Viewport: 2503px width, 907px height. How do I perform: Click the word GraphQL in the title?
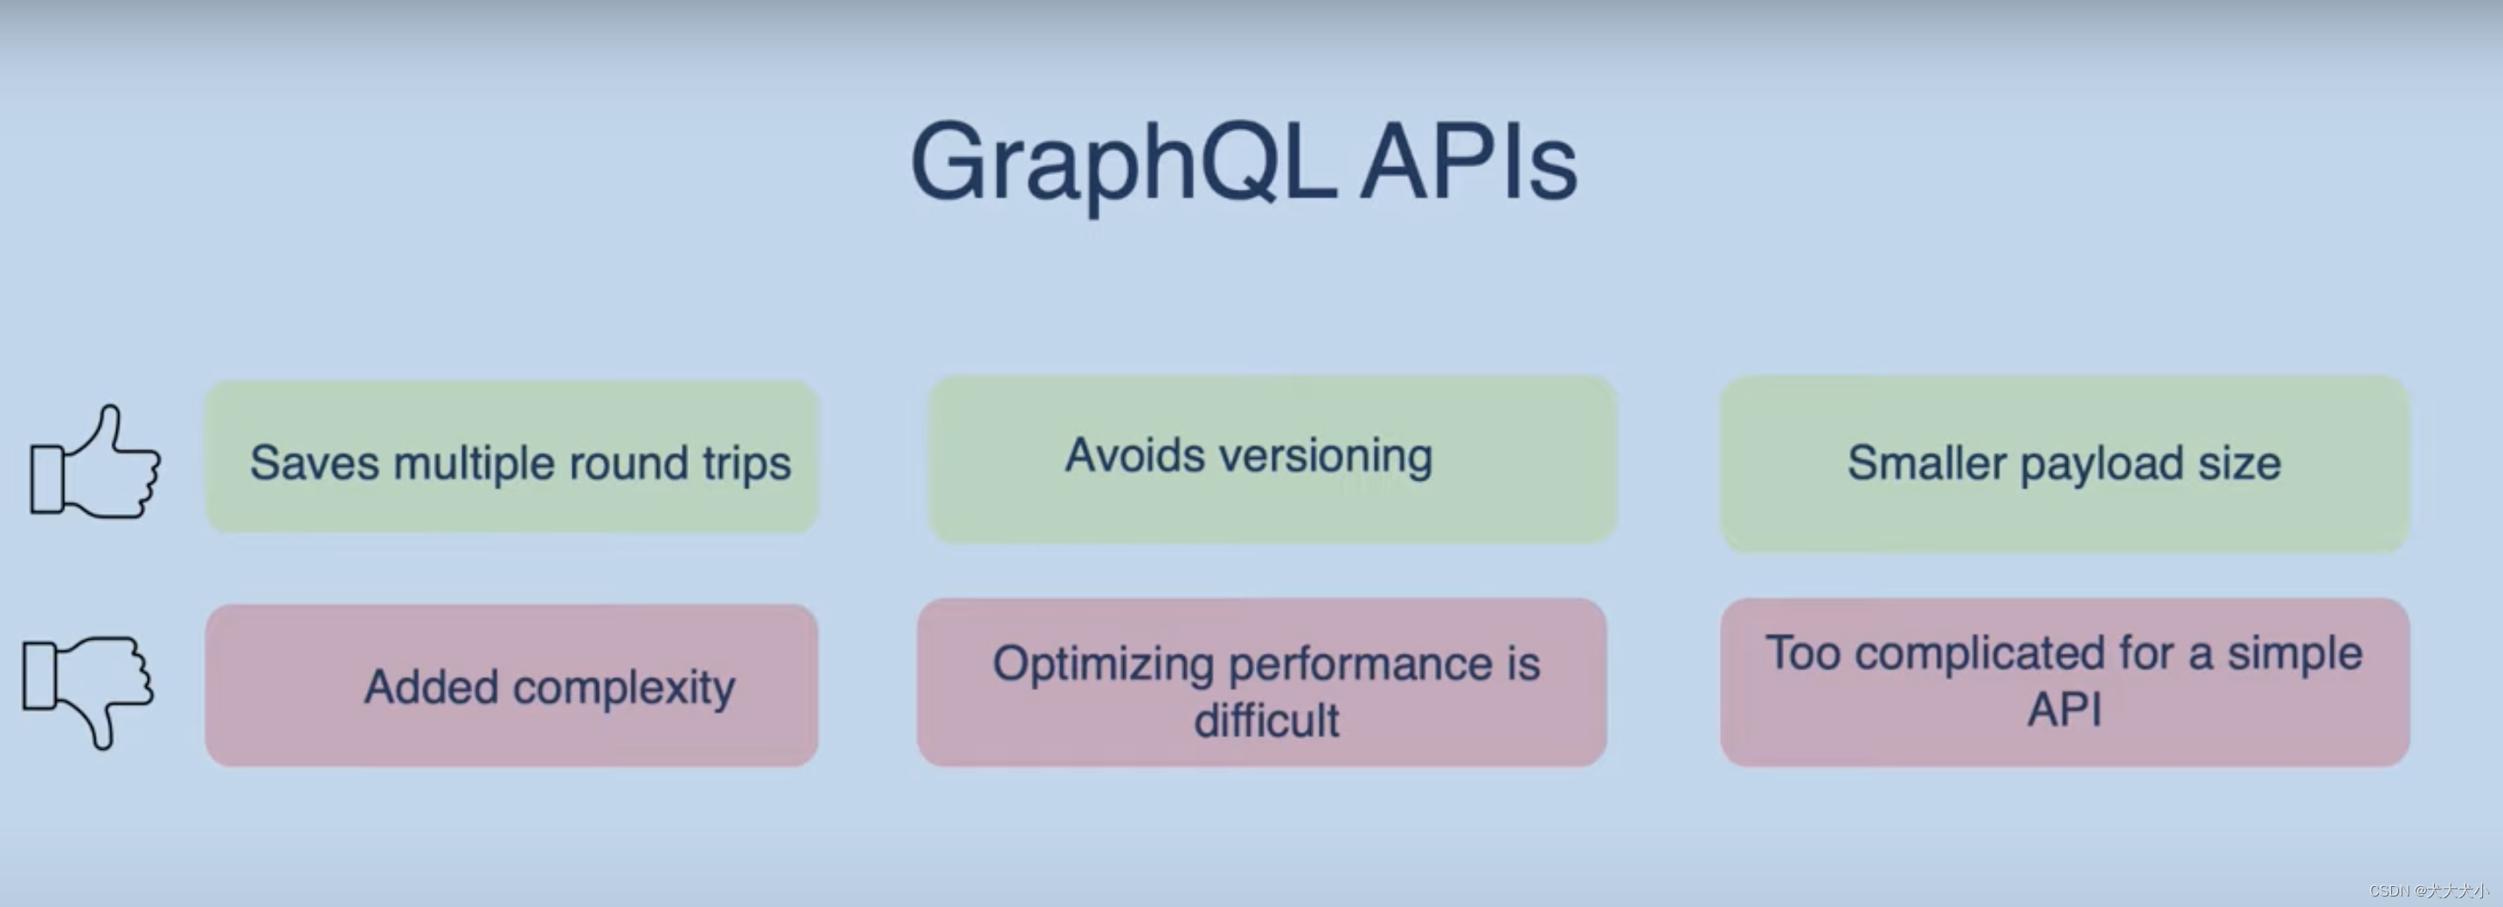(x=1122, y=163)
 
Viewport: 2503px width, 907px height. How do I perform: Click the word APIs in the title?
(x=1468, y=163)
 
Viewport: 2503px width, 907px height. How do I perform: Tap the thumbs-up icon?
(x=95, y=462)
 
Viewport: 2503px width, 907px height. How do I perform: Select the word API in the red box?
(x=2063, y=709)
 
